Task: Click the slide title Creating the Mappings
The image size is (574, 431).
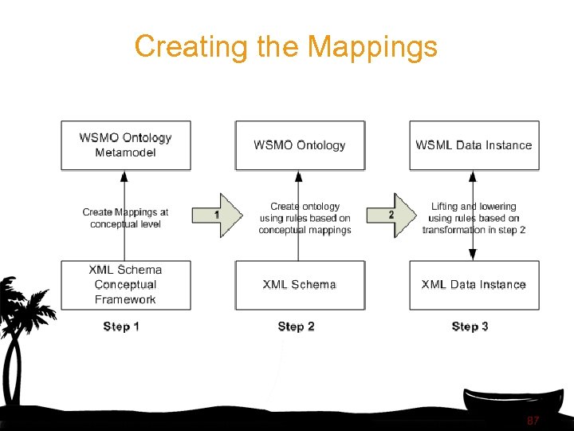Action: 285,46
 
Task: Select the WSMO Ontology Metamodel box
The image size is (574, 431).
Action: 126,145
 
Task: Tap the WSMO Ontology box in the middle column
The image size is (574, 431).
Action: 300,145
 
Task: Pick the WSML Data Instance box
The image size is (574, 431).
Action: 474,145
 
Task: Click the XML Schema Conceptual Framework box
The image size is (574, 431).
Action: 126,285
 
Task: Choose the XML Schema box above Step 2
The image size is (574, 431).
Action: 300,285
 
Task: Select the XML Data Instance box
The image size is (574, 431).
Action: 474,285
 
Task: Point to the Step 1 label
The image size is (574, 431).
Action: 121,326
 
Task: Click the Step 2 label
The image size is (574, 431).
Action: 296,326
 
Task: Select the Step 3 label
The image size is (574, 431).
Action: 470,326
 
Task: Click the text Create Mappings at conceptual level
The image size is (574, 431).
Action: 125,218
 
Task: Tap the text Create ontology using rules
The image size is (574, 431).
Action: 305,218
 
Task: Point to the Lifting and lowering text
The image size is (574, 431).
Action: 474,218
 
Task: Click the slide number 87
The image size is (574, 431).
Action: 533,420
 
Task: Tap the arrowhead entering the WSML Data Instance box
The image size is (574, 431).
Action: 473,176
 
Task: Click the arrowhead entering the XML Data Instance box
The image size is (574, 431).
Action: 473,255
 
